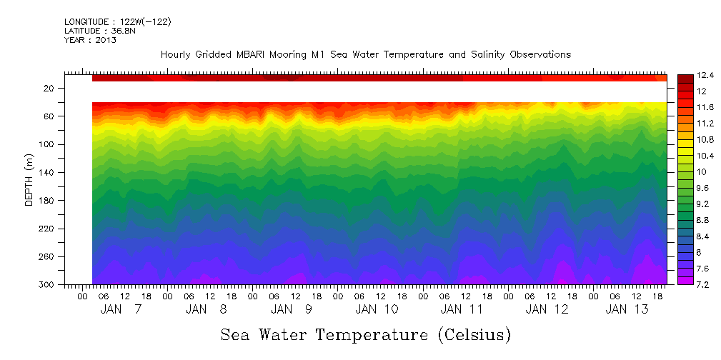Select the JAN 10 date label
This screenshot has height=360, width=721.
[x=377, y=309]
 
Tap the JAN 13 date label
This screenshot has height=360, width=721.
[x=627, y=309]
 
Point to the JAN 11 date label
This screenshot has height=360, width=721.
[x=462, y=309]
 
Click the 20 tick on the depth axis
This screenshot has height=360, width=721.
[x=49, y=89]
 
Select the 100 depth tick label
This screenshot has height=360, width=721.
[x=47, y=144]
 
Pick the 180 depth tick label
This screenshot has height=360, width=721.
[x=47, y=201]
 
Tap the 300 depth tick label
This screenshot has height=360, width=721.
[x=47, y=285]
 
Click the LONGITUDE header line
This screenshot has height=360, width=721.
[x=117, y=22]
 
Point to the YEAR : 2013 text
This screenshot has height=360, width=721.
[x=91, y=40]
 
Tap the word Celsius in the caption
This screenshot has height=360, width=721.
[x=471, y=335]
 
